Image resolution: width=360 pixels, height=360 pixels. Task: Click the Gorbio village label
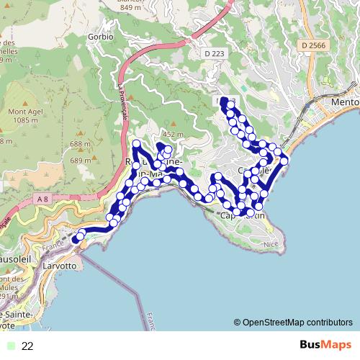(101, 36)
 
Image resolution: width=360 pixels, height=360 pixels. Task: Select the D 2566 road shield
(312, 45)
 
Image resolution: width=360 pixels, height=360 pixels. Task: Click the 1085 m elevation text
(25, 120)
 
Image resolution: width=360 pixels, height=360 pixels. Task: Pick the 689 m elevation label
(81, 161)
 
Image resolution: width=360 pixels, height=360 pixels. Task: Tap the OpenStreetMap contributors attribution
(293, 323)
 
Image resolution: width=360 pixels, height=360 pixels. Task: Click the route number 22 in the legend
(28, 346)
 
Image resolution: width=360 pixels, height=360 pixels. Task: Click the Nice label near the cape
(270, 245)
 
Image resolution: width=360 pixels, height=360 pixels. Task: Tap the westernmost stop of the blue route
(75, 240)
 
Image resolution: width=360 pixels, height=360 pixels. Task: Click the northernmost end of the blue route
(224, 100)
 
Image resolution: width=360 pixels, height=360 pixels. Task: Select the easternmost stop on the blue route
(284, 160)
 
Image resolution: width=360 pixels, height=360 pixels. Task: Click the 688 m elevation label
(81, 144)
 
